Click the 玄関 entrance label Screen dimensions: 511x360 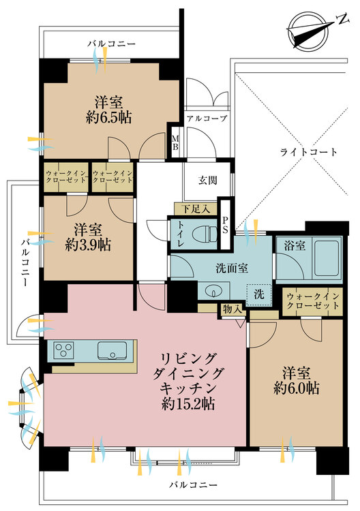coord(208,181)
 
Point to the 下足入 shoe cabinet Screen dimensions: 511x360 coord(196,208)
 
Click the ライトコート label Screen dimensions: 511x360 coord(309,152)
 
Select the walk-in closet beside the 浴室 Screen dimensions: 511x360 coord(312,301)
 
